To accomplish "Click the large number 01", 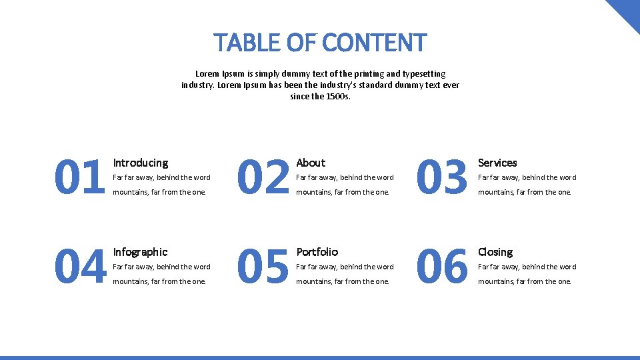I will [x=79, y=178].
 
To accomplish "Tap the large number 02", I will [x=263, y=178].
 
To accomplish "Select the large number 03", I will [x=442, y=178].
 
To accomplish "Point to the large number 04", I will [x=80, y=267].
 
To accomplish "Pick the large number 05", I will [x=263, y=267].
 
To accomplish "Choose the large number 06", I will [x=442, y=267].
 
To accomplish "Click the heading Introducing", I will [x=140, y=163].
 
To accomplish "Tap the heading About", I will [x=311, y=163].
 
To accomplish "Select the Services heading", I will [x=497, y=163].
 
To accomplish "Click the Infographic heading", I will [x=140, y=252].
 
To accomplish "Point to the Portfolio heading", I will [x=317, y=252].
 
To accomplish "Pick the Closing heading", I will [x=495, y=252].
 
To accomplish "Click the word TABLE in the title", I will [x=247, y=43].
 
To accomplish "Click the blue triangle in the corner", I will [x=627, y=11].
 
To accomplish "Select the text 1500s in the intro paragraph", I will [x=338, y=97].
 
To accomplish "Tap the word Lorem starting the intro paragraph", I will [x=207, y=74].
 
